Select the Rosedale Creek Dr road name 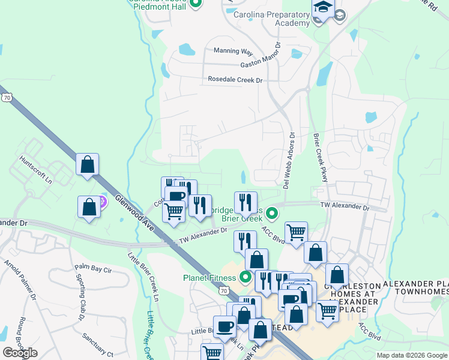point(235,79)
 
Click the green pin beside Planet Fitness point(245,277)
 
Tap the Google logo point(20,353)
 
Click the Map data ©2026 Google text point(411,355)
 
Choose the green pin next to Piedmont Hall point(196,4)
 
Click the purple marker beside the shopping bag point(103,202)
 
